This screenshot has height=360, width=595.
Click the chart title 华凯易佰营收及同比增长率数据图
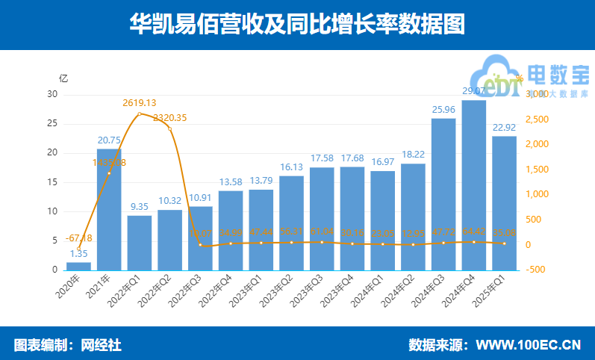coord(297,24)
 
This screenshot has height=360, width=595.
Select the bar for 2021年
coord(109,209)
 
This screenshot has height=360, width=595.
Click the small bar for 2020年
coord(78,266)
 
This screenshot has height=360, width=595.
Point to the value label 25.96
coord(443,110)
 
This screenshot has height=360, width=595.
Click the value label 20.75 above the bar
coord(109,140)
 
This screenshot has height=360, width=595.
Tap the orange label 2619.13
coord(140,102)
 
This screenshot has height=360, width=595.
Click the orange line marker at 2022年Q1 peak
coord(140,114)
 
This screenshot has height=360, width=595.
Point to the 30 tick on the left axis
coord(52,94)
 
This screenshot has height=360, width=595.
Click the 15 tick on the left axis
coord(52,182)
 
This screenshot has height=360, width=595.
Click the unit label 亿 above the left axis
coord(63,78)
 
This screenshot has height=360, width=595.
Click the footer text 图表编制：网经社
coord(67,344)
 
